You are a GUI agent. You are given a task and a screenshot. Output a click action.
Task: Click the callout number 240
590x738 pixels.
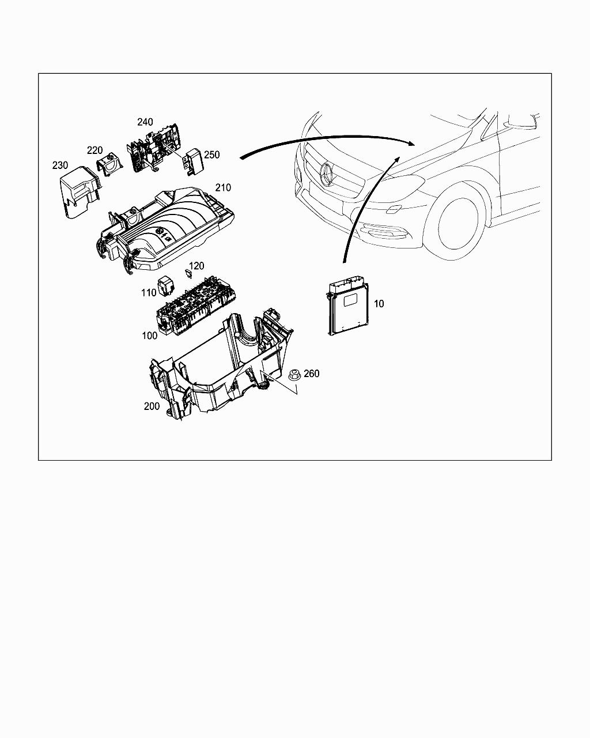(x=145, y=122)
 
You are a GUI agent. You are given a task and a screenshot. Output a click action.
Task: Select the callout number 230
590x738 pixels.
(x=60, y=165)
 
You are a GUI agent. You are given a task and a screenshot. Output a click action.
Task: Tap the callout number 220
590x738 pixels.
(x=94, y=150)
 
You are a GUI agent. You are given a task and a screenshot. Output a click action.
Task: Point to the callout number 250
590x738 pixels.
(x=211, y=155)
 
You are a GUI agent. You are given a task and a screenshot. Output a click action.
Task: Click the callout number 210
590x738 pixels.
(x=223, y=187)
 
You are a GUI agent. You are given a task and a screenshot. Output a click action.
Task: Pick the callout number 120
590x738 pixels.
(x=196, y=266)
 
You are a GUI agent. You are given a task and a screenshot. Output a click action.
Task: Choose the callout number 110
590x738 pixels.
(x=149, y=292)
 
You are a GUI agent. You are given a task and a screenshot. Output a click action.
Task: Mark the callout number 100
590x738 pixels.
(x=150, y=336)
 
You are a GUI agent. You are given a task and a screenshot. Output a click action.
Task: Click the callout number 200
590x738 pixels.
(x=152, y=406)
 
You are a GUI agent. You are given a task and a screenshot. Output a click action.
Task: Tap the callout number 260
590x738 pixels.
(x=311, y=374)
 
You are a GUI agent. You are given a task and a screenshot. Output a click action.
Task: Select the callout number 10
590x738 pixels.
(x=379, y=303)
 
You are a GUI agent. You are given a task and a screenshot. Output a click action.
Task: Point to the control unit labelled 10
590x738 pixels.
(x=347, y=304)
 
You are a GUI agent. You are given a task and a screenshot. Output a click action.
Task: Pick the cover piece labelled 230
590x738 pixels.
(x=80, y=193)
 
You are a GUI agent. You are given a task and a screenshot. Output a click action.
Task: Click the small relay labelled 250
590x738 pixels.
(x=192, y=162)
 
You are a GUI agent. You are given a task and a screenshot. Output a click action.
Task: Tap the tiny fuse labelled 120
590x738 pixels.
(x=188, y=274)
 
